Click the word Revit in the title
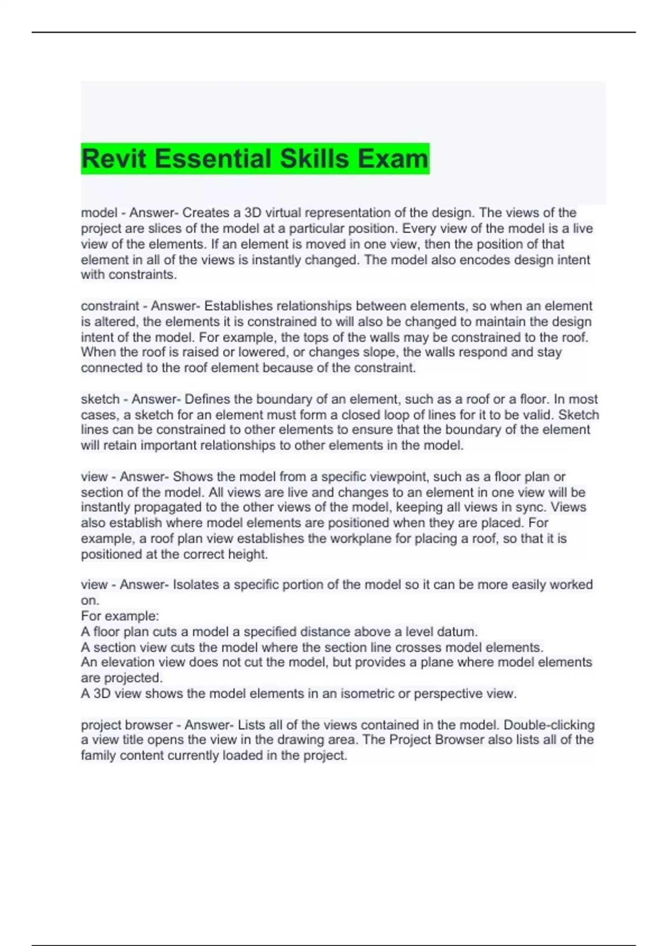(115, 159)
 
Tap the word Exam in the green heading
(392, 159)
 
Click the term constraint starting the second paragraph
(110, 306)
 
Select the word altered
(119, 322)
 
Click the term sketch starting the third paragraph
(100, 400)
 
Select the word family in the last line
(98, 756)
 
